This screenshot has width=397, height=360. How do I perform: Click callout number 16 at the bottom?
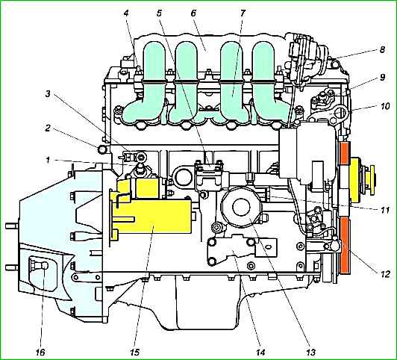point(40,352)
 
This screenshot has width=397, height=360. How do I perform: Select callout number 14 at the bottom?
point(260,352)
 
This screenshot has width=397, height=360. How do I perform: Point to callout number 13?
point(311,352)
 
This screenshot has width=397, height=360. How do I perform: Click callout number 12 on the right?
point(385,274)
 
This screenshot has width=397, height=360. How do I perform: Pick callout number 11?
point(384,210)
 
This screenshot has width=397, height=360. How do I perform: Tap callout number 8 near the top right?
point(382,49)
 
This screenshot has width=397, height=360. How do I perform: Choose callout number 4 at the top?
point(126,13)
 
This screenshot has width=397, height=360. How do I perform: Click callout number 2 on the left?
point(48,128)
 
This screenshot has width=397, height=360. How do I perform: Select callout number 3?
point(48,94)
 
